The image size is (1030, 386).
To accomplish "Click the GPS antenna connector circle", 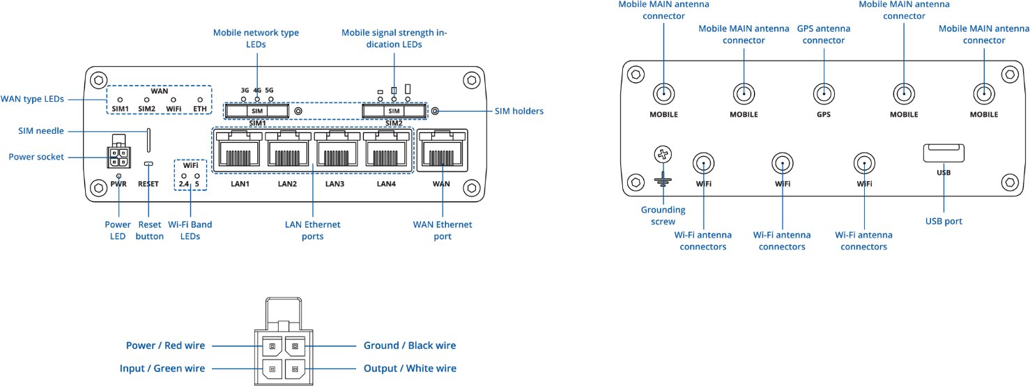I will tap(824, 93).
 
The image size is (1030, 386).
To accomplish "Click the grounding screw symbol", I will tap(663, 155).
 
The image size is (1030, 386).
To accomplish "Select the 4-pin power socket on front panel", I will tap(118, 157).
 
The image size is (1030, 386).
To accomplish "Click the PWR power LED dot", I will tap(119, 176).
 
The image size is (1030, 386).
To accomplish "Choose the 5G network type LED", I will tap(269, 100).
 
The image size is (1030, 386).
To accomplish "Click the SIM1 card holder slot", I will tap(257, 111).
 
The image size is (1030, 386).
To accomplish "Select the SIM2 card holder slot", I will tap(394, 111).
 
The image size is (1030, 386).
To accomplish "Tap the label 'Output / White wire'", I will tap(410, 369).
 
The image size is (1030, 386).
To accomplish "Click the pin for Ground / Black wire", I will tap(295, 346).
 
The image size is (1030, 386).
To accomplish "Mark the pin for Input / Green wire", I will tap(272, 369).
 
